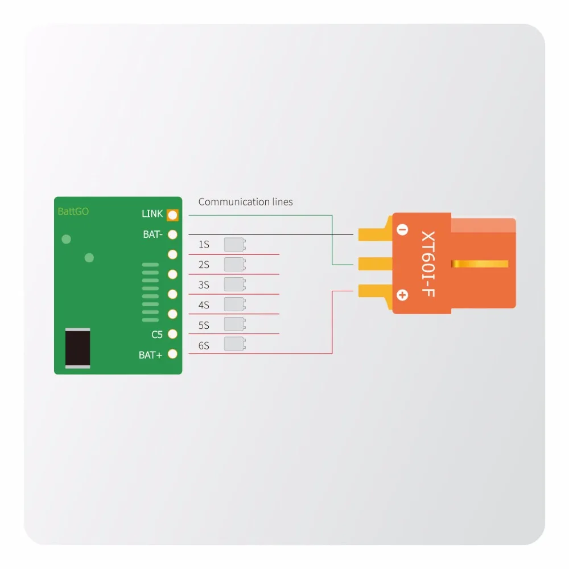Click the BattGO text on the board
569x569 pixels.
tap(73, 211)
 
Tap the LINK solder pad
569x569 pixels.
tap(172, 215)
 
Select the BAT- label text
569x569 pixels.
tap(152, 234)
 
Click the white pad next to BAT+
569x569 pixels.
tap(172, 354)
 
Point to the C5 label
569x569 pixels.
tap(157, 334)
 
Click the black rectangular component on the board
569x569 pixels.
tap(77, 348)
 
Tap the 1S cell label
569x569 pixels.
tap(204, 245)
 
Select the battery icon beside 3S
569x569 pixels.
tap(235, 284)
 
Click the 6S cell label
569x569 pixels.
tap(204, 345)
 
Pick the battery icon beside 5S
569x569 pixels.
tap(235, 324)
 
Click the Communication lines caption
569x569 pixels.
tap(245, 202)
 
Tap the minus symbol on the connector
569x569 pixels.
tap(402, 229)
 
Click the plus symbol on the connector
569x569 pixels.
tap(402, 295)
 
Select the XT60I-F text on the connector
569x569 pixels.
tap(428, 264)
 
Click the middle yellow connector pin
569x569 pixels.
tap(375, 264)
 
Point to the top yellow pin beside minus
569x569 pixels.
tap(375, 232)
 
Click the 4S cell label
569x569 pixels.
tap(204, 305)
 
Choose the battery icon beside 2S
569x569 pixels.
tap(235, 264)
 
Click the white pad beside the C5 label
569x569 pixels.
tap(172, 334)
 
